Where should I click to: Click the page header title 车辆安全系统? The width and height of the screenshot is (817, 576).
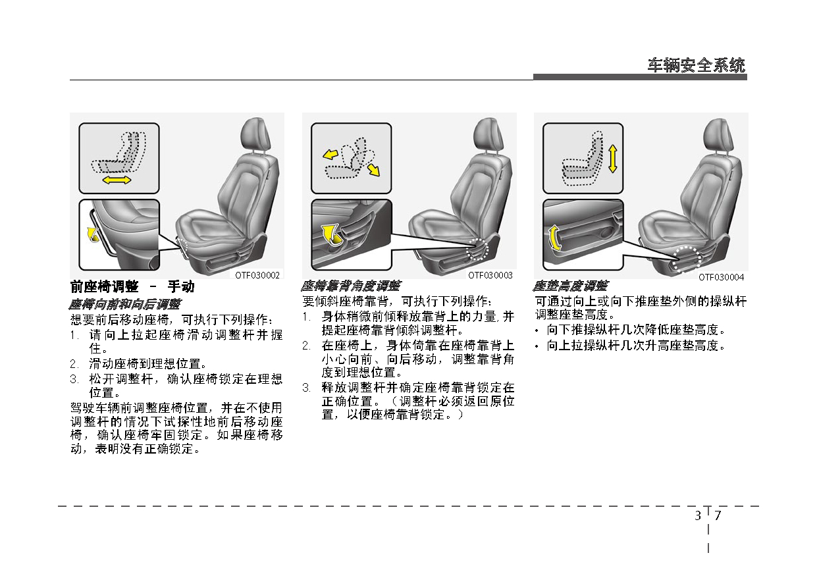(697, 66)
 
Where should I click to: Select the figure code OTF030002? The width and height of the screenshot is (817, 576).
(258, 275)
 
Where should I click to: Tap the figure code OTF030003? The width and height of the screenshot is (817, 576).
(490, 275)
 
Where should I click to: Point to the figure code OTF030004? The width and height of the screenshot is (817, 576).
(722, 277)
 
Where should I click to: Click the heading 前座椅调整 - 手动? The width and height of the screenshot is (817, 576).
(132, 287)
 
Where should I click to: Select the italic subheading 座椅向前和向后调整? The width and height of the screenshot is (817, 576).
(125, 304)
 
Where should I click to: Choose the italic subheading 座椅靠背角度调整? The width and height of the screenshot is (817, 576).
(350, 286)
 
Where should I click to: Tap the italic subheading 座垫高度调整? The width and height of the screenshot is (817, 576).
(570, 286)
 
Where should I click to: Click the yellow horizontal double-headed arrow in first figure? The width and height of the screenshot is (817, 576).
(117, 180)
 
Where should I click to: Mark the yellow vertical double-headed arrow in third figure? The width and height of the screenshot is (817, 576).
(613, 159)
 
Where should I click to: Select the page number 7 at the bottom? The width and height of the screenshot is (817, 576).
(718, 515)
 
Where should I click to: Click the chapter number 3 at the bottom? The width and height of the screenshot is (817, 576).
(697, 515)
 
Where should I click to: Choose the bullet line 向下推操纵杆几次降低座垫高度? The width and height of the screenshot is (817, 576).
(635, 329)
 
